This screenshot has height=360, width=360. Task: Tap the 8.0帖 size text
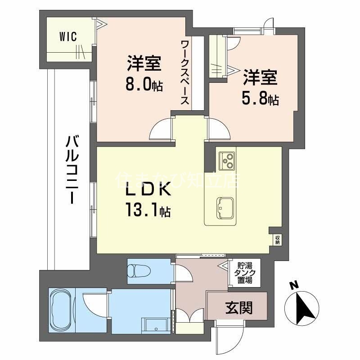click(x=144, y=85)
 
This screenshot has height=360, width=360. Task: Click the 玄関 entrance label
click(x=238, y=308)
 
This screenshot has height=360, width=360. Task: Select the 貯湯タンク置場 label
click(x=243, y=273)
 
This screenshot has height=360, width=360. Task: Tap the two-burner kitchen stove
click(x=226, y=160)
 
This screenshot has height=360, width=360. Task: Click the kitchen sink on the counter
click(x=224, y=208)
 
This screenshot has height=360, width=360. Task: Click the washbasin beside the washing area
click(x=155, y=325)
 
